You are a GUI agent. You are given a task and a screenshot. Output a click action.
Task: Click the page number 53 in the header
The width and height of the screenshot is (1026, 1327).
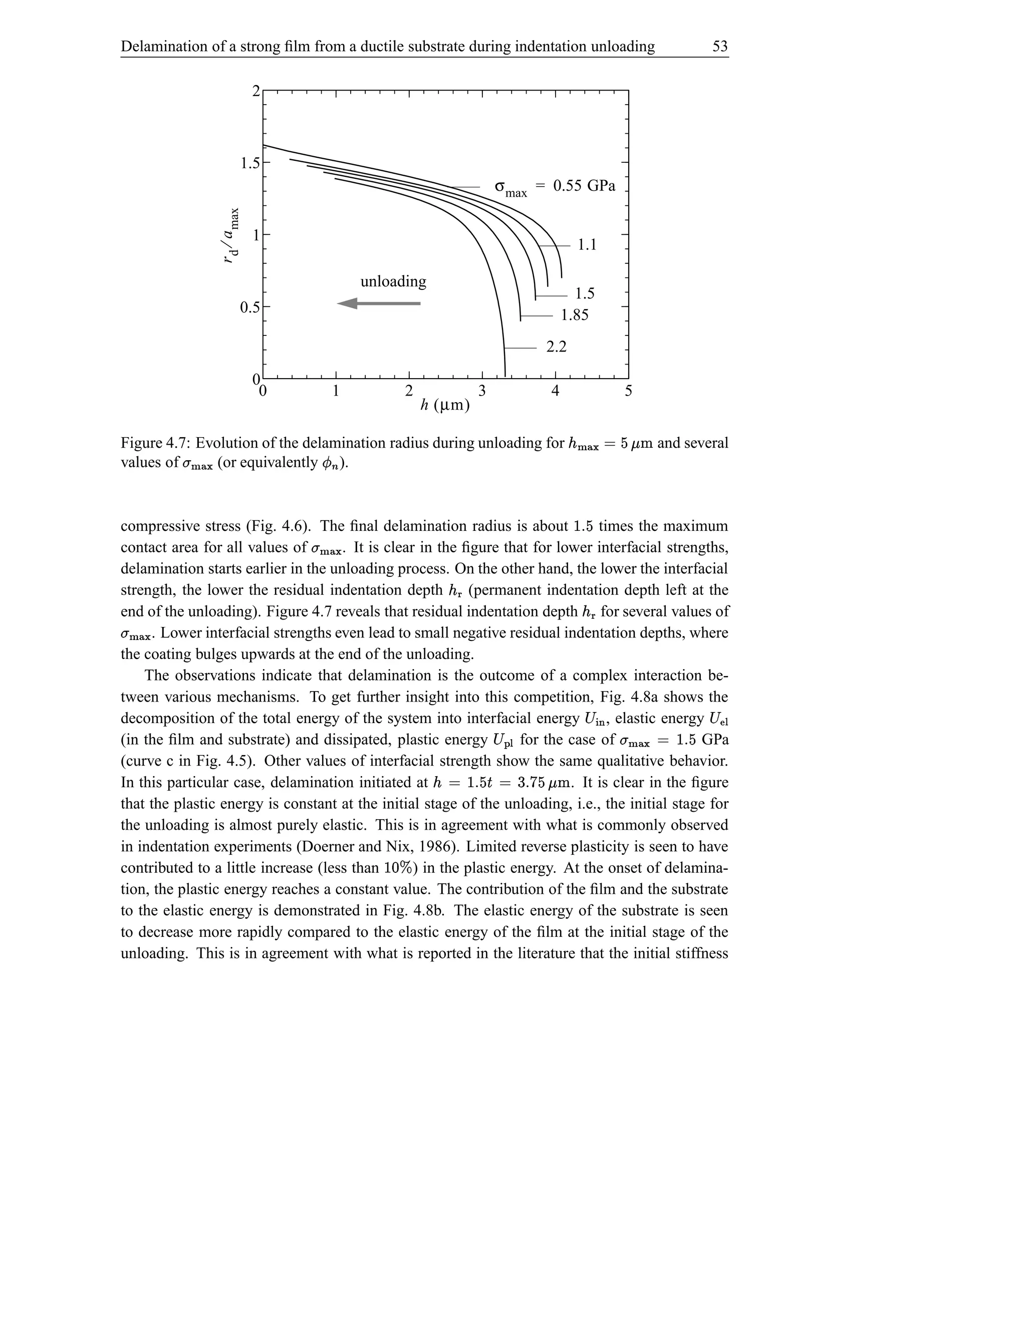coord(720,46)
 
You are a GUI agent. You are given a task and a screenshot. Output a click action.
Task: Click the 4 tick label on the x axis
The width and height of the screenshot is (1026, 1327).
coord(555,391)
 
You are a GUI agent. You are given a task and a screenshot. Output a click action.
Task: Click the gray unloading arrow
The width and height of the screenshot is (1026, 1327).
coord(379,303)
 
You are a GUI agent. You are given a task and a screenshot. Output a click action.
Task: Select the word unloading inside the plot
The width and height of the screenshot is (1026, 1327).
coord(393,281)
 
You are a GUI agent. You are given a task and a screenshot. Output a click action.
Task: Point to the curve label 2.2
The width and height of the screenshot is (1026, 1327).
coord(556,347)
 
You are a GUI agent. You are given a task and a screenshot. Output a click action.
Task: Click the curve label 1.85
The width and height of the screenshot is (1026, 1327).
coord(575,315)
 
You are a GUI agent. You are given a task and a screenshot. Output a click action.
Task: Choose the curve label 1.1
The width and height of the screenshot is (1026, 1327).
coord(587,245)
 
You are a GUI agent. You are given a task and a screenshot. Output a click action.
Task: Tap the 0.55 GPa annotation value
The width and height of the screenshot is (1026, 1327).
coord(584,186)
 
